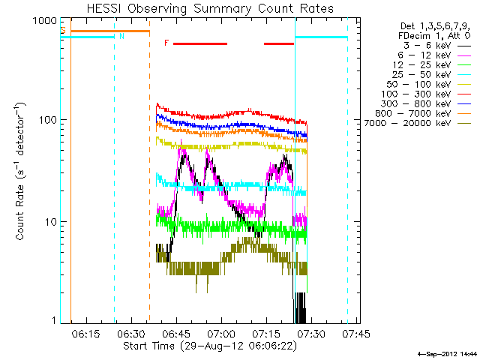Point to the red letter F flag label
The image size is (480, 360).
click(x=166, y=43)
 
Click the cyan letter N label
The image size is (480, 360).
click(x=121, y=35)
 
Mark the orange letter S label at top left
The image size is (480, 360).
click(x=64, y=30)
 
